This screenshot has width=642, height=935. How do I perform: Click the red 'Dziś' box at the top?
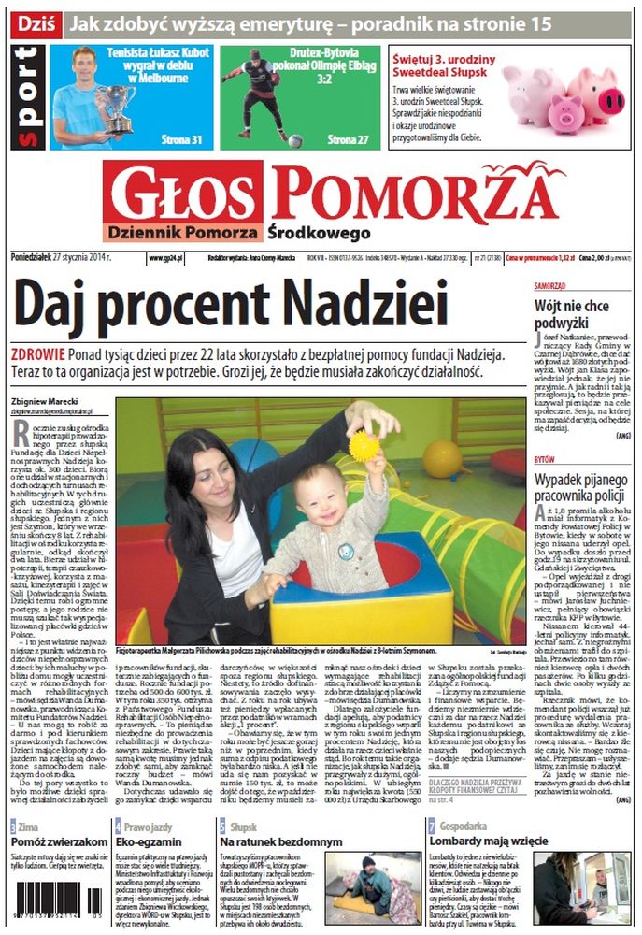click(x=35, y=22)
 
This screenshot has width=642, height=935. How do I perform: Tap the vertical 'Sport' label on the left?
click(x=28, y=97)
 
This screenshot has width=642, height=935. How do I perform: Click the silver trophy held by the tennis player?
click(x=115, y=106)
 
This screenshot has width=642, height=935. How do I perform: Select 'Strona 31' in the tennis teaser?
click(x=183, y=140)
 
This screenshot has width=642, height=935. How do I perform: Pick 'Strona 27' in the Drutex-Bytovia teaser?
click(x=348, y=140)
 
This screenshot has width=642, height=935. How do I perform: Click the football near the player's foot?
click(x=295, y=140)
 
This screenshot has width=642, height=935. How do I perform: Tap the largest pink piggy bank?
click(x=596, y=93)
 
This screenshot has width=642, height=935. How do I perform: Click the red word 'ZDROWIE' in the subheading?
click(x=38, y=355)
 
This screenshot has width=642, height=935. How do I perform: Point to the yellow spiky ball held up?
click(x=364, y=445)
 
